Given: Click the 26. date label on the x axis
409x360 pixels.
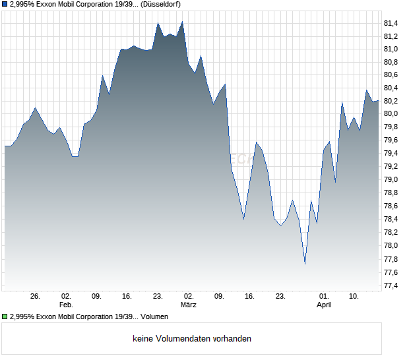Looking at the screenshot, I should pos(36,297).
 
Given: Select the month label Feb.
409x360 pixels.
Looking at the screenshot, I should pos(66,305).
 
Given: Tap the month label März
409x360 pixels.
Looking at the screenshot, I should pos(189,305).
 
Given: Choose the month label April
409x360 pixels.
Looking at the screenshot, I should pos(324,305).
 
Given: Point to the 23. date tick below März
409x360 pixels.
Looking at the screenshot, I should pos(280,297).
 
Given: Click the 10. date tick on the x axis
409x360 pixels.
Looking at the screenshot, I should pos(354,297).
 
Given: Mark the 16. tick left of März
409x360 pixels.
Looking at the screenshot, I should pos(127,297).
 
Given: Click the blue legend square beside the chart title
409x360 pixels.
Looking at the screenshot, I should pos(5,4).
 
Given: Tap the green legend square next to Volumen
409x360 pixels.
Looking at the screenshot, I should pos(5,317).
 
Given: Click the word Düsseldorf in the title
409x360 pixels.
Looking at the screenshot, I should pos(162,4).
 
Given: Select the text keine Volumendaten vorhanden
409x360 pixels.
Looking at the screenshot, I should pos(192,339).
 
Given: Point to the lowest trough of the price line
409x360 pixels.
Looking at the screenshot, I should pos(305,264).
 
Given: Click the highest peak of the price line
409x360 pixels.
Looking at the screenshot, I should pos(182,22).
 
